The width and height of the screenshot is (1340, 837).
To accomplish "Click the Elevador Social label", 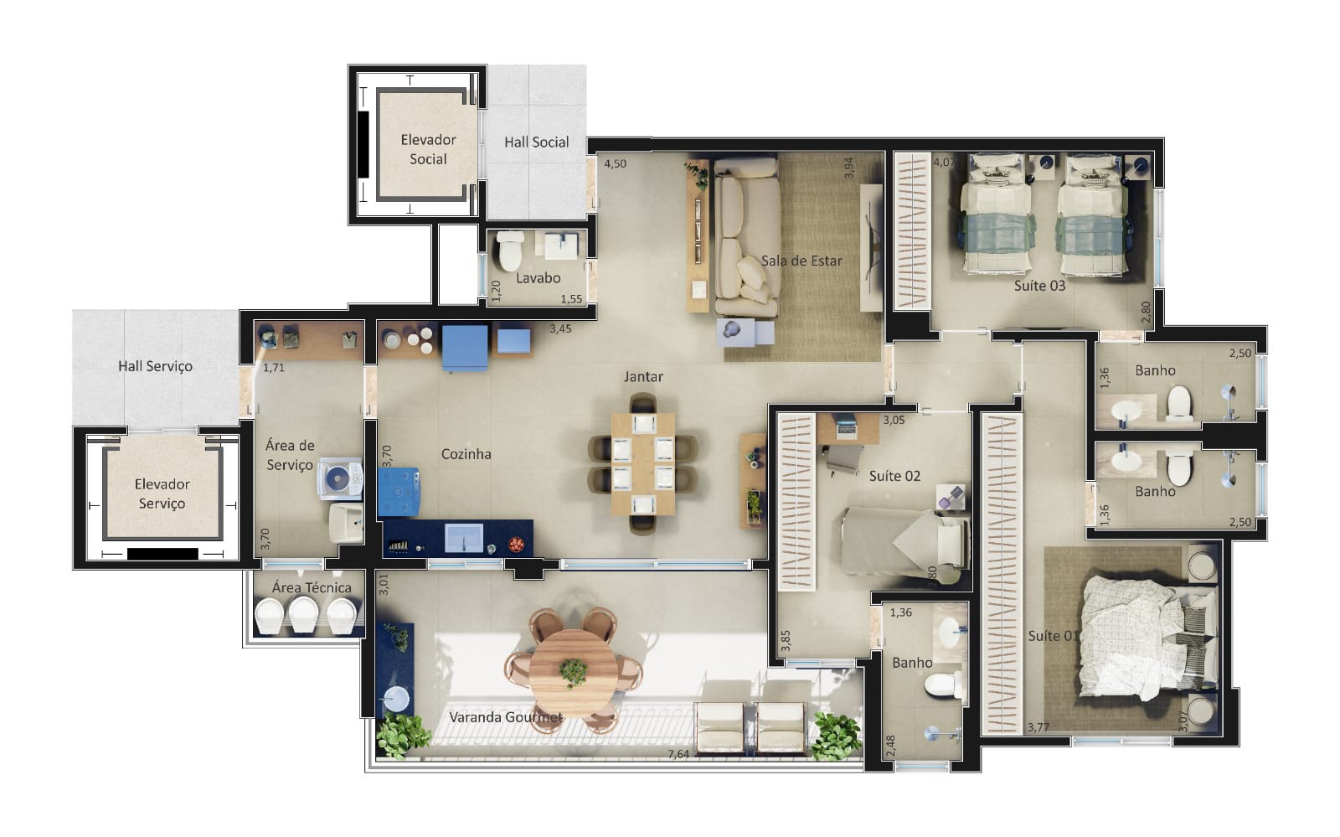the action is tap(428, 150).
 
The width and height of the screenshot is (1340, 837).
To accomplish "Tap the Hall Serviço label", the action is tap(155, 366).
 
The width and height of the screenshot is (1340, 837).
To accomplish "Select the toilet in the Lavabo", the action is tap(510, 251).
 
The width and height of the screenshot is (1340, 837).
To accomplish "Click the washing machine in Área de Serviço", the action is tap(340, 478).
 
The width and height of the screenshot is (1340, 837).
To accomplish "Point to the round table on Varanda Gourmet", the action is tap(574, 672).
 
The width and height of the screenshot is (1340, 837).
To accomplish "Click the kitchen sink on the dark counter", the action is tap(464, 538).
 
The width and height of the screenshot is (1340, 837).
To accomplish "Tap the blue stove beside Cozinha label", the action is tap(399, 492).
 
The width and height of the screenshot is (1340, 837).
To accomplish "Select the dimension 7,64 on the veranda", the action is tap(678, 754).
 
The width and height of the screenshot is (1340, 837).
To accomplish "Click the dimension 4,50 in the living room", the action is tap(615, 164).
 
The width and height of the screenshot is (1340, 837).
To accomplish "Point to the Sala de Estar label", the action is tap(801, 261).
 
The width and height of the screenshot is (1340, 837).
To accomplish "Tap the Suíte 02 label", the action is tap(894, 476).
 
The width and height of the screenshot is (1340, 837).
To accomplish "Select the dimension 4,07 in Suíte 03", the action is tap(945, 162).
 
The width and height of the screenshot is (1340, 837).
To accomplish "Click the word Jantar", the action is tap(643, 377).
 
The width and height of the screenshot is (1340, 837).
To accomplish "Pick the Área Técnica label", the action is tap(311, 587).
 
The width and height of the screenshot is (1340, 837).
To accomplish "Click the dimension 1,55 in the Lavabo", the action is tap(571, 299).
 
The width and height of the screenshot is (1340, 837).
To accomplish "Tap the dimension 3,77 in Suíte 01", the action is tap(1038, 727).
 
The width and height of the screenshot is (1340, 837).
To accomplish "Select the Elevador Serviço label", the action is tap(162, 493).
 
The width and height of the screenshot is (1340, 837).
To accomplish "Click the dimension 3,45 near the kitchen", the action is tap(560, 328).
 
